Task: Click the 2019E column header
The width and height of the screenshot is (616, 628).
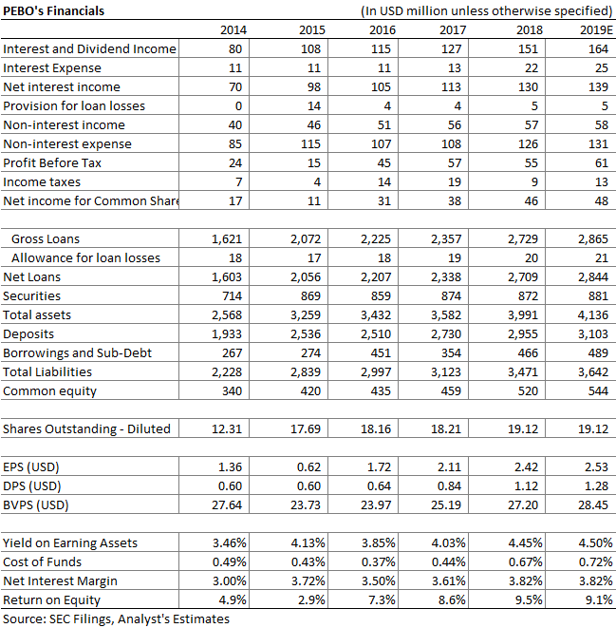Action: click(x=596, y=30)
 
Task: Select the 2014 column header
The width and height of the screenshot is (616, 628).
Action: click(x=233, y=30)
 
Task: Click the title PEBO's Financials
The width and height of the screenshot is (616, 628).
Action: click(x=53, y=10)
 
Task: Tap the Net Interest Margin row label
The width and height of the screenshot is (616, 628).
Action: click(x=60, y=580)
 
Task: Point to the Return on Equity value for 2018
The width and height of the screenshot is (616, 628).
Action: click(x=525, y=599)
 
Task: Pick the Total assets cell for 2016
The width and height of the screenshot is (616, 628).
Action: click(x=376, y=314)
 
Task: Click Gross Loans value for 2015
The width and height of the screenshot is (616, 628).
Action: click(x=306, y=238)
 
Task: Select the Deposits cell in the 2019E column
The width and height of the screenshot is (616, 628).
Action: click(x=593, y=334)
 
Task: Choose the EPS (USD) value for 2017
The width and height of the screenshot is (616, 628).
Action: click(x=449, y=467)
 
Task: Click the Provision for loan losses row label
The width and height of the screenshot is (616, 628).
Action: click(x=74, y=105)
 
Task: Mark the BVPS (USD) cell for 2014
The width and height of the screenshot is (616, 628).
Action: click(x=227, y=505)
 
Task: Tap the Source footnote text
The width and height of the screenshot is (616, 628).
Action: click(x=116, y=619)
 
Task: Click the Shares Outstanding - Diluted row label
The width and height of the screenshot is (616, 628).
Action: click(x=86, y=428)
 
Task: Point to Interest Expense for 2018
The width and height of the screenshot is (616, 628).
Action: click(x=532, y=68)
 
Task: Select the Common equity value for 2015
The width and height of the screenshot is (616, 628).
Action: click(x=310, y=390)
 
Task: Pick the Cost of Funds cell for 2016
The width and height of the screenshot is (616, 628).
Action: click(x=378, y=561)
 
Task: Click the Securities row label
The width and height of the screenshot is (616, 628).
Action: click(x=31, y=296)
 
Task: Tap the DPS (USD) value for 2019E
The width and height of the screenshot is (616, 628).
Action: click(x=596, y=486)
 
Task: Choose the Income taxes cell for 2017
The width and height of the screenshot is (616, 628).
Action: click(x=455, y=181)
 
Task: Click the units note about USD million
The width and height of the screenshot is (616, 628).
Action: click(x=486, y=10)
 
